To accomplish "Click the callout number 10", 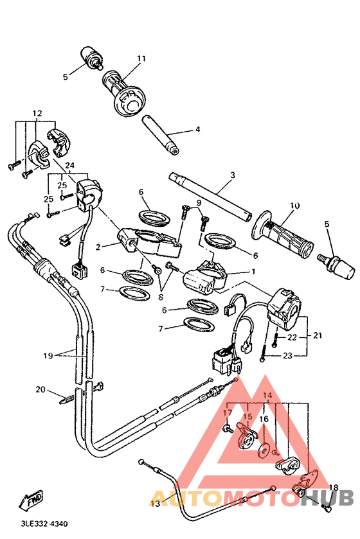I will pyautogui.click(x=295, y=206).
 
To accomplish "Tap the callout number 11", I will pyautogui.click(x=141, y=59).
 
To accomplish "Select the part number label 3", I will pyautogui.click(x=233, y=175).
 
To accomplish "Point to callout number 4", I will pyautogui.click(x=197, y=129).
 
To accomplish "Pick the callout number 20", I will pyautogui.click(x=40, y=389).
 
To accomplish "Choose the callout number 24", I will pyautogui.click(x=69, y=165).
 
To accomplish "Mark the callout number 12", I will pyautogui.click(x=37, y=114).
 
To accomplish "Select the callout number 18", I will pyautogui.click(x=333, y=488).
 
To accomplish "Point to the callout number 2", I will pyautogui.click(x=98, y=247).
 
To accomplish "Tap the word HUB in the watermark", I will pyautogui.click(x=329, y=497).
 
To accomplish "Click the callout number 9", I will pyautogui.click(x=199, y=203).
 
